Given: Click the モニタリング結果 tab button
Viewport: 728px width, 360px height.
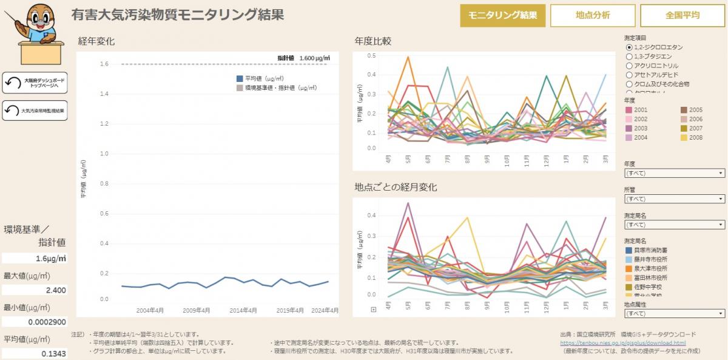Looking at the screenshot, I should tap(503, 16).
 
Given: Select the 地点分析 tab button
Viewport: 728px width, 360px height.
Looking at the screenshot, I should tap(593, 16).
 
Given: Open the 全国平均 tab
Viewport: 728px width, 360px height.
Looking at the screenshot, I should tap(682, 16).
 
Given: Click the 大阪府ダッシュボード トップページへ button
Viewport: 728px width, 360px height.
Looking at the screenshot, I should tap(35, 83).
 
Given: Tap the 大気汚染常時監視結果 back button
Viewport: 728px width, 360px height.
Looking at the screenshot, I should tap(35, 111).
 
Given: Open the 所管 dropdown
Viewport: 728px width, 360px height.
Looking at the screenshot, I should tap(674, 199).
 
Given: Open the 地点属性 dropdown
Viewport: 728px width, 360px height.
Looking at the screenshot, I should tap(674, 314).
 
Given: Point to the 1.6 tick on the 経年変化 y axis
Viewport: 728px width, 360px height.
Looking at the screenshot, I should tap(104, 64).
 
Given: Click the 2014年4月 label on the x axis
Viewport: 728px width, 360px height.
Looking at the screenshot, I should tap(243, 310).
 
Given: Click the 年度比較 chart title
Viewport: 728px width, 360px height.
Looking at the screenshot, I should tap(372, 41).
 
